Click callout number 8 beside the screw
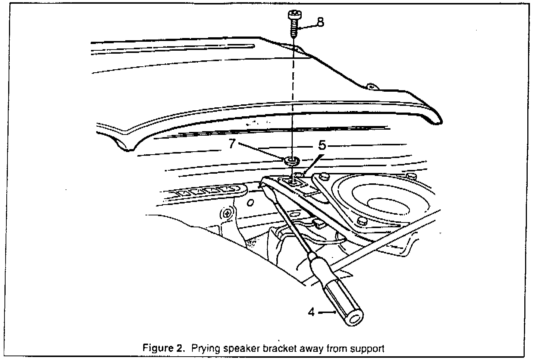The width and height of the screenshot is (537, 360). [320, 22]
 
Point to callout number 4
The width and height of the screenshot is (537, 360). [311, 312]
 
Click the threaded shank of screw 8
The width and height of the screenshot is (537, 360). [294, 29]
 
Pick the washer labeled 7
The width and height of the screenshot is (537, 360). [291, 161]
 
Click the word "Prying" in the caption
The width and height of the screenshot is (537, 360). [204, 349]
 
